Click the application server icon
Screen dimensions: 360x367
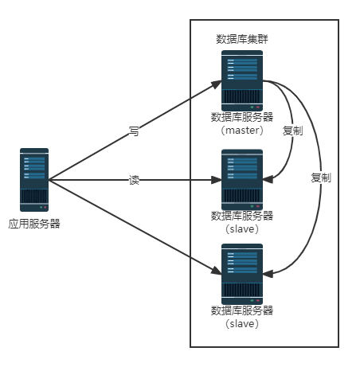coord(34,180)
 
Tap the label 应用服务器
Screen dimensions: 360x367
coord(34,224)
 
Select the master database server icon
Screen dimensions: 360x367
coord(242,80)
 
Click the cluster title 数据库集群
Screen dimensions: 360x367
coord(242,39)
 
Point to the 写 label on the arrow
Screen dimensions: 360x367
coord(134,131)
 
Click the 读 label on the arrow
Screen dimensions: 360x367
coord(134,180)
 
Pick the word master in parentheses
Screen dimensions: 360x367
coord(242,131)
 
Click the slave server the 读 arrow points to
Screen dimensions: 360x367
coord(242,180)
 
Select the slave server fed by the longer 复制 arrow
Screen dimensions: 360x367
coord(242,274)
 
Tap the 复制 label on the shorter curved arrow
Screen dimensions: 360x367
coord(292,131)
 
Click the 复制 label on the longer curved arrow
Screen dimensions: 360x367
coord(321,178)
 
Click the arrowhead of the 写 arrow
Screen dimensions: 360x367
coord(217,84)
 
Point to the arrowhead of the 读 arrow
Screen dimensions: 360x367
coord(217,180)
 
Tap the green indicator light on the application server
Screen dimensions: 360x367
coord(41,207)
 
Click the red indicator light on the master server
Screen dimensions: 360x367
coord(257,107)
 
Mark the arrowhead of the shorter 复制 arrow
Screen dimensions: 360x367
coord(268,179)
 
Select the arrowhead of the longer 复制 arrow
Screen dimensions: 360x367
coord(268,274)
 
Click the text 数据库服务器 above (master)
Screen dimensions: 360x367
coord(242,117)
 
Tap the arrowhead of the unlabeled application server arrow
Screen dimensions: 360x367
coord(217,271)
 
